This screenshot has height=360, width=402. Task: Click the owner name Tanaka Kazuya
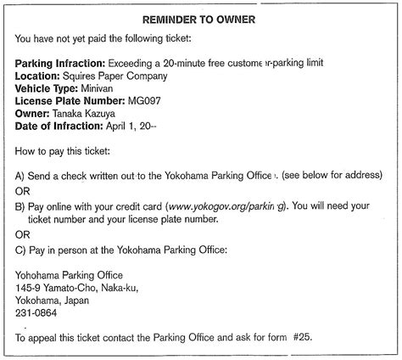tap(87, 113)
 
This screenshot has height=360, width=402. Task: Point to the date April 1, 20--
tap(134, 126)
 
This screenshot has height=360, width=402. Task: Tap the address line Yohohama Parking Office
tap(70, 274)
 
